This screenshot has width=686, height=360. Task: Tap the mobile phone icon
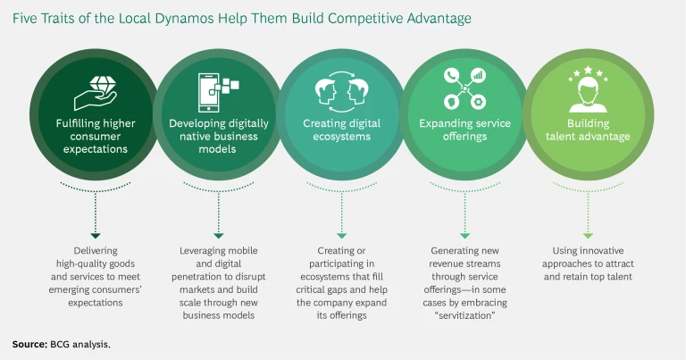214,89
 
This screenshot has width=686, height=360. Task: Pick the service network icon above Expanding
464,88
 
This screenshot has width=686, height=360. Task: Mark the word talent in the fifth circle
563,137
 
